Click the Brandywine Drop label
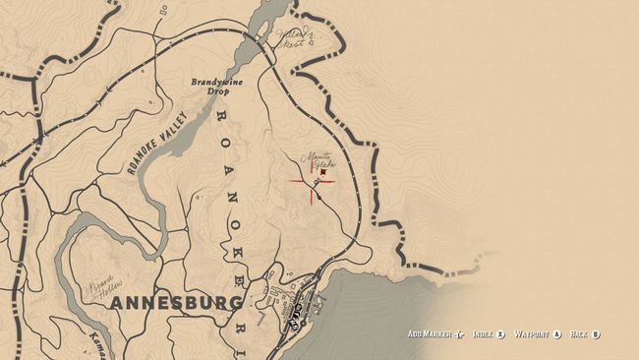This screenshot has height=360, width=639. coord(211,87)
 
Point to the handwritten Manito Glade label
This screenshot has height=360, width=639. coord(318,159)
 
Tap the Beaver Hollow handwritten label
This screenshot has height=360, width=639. coord(102,285)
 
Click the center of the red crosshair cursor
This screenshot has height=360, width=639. coord(314,180)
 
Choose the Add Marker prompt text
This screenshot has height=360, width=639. coord(431,334)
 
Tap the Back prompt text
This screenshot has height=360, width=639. coord(580,334)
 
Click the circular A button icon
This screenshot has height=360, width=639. coord(556,334)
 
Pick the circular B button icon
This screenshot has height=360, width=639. coord(596,334)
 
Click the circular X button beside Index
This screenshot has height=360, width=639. coord(501,334)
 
